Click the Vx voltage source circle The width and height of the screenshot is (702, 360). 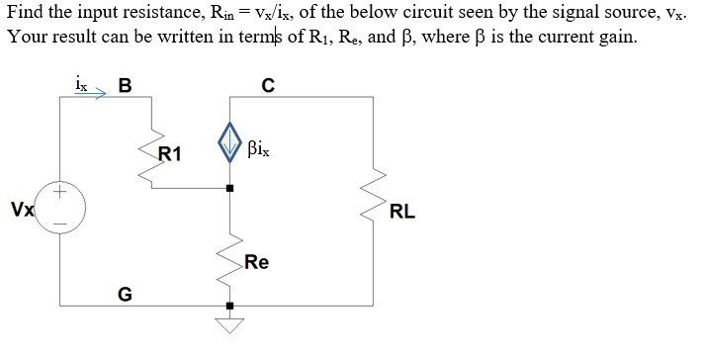61,209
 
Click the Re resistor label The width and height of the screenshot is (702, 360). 256,262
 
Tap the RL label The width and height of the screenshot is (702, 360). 402,211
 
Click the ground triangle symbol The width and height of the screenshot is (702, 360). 230,324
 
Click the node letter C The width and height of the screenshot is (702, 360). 267,84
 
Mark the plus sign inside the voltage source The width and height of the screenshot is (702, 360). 61,195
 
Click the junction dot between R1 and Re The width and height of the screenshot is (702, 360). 230,188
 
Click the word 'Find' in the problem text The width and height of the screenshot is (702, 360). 27,11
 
